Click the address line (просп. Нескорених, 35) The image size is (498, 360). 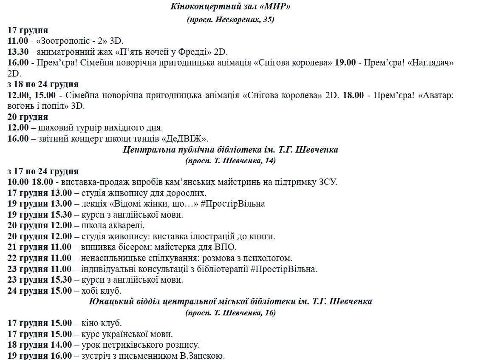230,20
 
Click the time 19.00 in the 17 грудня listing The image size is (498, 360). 345,63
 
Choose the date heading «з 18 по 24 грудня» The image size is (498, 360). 43,85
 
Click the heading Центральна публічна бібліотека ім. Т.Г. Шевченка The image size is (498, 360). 230,150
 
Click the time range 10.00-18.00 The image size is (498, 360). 30,182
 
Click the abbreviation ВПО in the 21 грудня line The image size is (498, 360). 226,247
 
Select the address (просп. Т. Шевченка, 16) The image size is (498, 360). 230,312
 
